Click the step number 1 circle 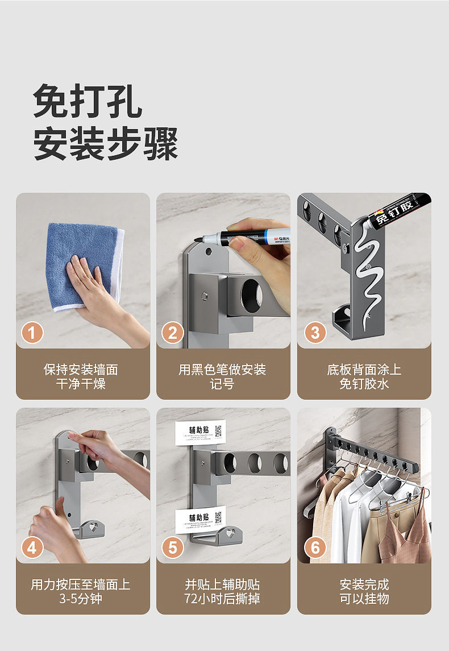(32, 333)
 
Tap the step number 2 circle (173, 333)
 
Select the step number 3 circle (315, 333)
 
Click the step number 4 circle (32, 548)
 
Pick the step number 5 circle (173, 548)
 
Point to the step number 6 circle (315, 548)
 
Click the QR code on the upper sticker (218, 430)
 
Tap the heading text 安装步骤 (106, 144)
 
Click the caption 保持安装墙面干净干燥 (81, 376)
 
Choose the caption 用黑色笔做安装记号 (222, 376)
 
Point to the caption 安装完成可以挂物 (364, 591)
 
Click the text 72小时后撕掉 (222, 599)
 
